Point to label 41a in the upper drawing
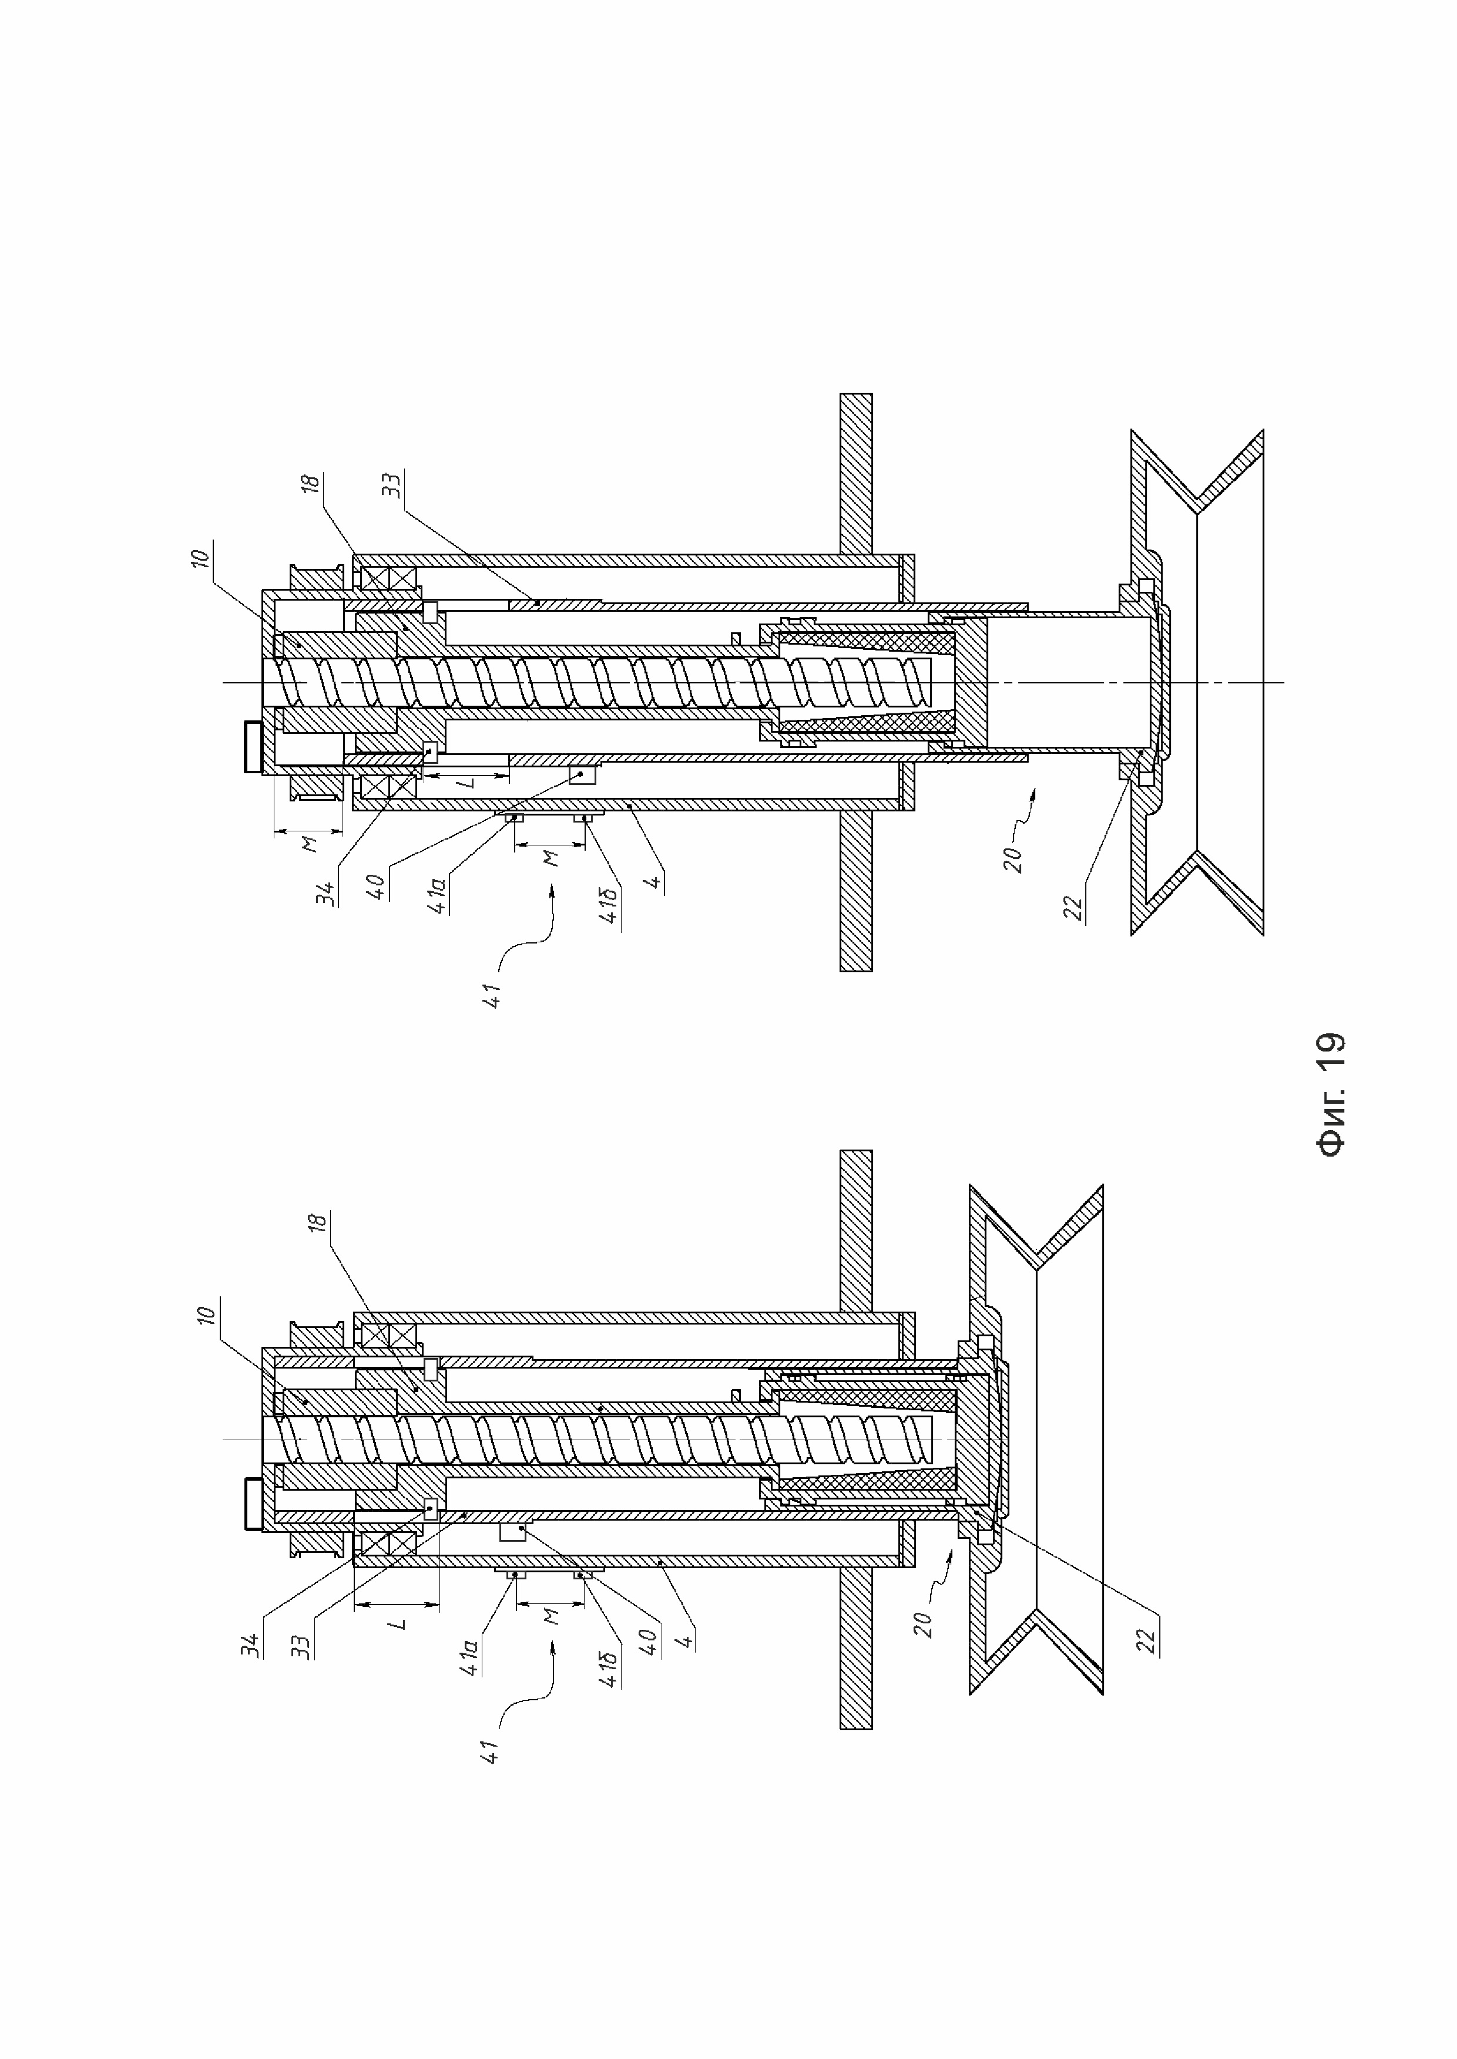[439, 894]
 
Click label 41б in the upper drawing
[609, 906]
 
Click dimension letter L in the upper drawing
[466, 783]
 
